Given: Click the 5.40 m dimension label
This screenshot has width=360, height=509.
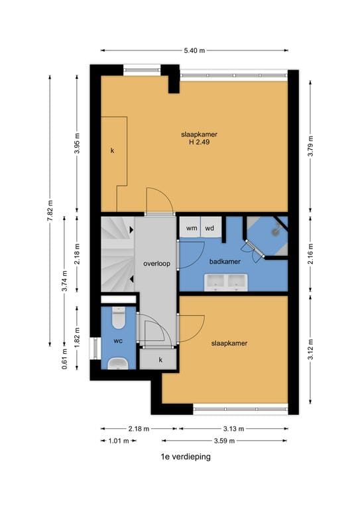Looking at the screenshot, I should [194, 50].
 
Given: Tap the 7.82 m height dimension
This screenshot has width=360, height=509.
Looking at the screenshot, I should [50, 211].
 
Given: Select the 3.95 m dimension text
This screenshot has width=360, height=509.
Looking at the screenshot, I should [78, 143].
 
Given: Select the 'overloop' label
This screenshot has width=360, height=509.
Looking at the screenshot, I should [156, 263].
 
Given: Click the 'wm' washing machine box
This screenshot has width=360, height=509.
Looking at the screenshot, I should [192, 228].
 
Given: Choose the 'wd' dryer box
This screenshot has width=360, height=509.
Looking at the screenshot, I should [210, 228].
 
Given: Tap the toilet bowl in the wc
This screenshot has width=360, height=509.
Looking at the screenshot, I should [119, 319].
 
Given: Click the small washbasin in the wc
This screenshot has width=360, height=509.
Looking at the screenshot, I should [119, 363].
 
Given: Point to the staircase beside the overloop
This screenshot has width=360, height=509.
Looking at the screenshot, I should [117, 255].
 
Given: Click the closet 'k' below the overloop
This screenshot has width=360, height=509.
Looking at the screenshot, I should [160, 359].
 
